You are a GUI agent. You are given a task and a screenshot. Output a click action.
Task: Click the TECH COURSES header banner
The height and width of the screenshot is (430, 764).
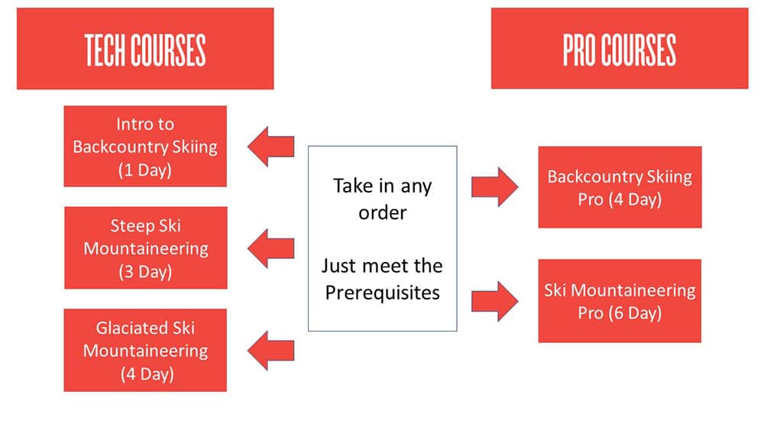click(145, 49)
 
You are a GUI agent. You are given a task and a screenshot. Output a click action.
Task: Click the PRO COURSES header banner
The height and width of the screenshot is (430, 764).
click(620, 49)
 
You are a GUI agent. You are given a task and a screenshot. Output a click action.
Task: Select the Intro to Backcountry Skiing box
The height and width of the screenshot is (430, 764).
click(145, 147)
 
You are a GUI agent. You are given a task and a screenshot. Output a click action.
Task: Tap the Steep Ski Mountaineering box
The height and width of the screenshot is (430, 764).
click(145, 248)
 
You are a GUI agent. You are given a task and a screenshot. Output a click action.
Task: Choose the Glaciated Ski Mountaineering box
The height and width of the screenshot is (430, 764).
click(145, 351)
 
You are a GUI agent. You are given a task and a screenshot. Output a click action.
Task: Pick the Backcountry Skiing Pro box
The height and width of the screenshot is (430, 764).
click(620, 188)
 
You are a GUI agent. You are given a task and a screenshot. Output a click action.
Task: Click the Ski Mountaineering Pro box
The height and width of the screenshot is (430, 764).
click(620, 301)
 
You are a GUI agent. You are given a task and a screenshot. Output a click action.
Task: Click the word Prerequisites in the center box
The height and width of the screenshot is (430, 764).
click(382, 293)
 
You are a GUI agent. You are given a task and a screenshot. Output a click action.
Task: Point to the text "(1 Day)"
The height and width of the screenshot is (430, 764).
click(145, 169)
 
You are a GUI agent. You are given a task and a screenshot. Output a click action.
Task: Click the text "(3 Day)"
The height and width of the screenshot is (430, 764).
click(145, 271)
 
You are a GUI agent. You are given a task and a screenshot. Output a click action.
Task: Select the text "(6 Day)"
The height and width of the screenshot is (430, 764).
click(620, 312)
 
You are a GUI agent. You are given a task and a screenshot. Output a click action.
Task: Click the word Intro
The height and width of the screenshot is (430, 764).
click(134, 124)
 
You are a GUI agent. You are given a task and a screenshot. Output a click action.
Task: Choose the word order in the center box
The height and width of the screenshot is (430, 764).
click(382, 212)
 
